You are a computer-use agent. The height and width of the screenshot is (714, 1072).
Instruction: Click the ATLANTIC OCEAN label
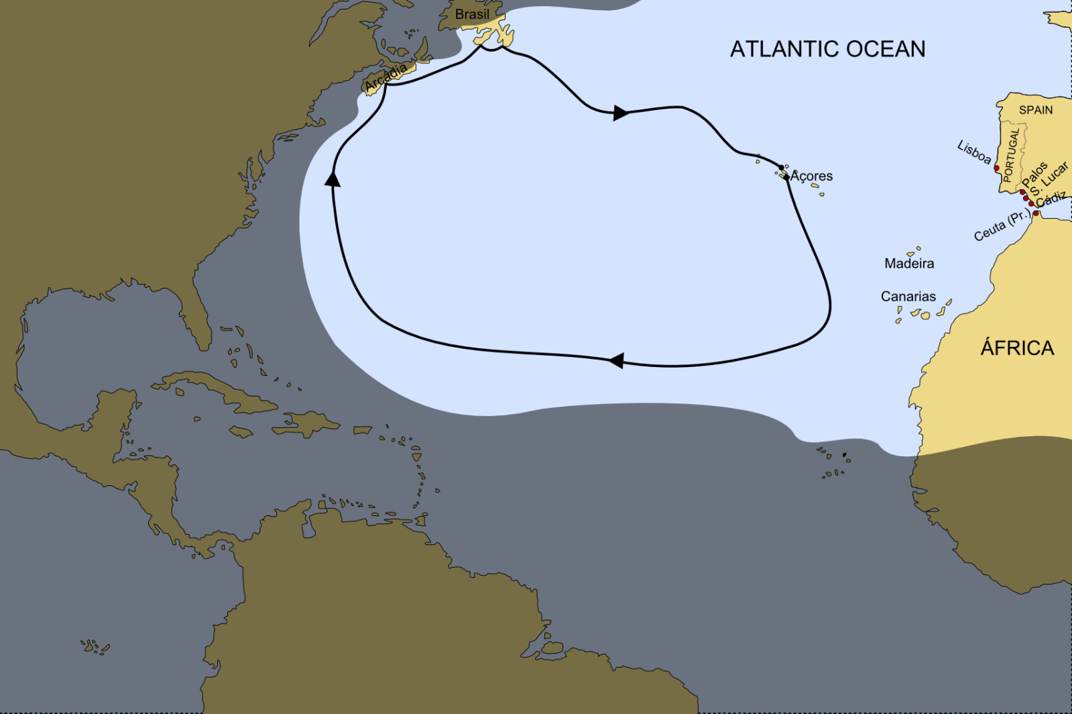tap(827, 49)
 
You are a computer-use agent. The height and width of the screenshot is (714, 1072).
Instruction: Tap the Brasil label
tap(472, 14)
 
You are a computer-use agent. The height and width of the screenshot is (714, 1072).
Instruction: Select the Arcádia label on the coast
tap(386, 78)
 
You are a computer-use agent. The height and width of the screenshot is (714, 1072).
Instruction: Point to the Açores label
tap(811, 176)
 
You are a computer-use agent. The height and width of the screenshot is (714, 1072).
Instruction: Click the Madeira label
tap(909, 264)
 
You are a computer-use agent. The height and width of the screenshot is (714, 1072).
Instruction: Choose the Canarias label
tap(908, 297)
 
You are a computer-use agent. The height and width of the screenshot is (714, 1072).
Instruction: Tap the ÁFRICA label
tap(1017, 348)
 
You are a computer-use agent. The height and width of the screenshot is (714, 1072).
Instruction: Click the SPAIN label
tap(1036, 110)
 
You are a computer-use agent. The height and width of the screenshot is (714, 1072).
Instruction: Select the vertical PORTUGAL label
tap(1012, 156)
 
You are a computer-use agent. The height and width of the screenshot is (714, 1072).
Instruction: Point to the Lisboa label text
tap(974, 152)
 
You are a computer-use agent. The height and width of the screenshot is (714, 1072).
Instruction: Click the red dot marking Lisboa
tap(996, 168)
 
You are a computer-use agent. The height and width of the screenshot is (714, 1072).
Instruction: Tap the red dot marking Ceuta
tap(1036, 213)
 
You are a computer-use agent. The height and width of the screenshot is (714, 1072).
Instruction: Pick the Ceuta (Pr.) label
tap(1002, 226)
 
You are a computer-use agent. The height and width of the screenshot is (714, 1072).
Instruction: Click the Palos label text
tap(1034, 174)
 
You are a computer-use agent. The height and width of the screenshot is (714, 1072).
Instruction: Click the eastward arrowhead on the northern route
tap(621, 113)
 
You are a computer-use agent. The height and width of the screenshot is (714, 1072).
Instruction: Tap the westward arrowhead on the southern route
tap(615, 360)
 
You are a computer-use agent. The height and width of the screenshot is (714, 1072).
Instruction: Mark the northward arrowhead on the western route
tap(332, 178)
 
